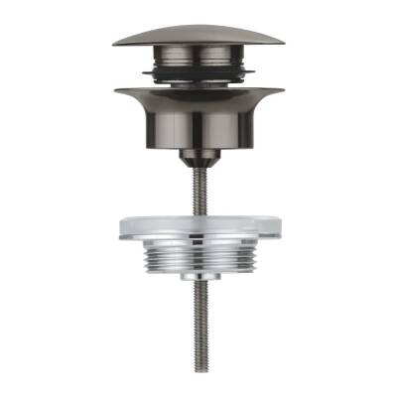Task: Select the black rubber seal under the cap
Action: (198, 71)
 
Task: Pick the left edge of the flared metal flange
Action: (117, 92)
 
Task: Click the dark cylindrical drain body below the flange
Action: (198, 124)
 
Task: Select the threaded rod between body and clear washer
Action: (198, 189)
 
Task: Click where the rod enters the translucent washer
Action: (198, 213)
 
